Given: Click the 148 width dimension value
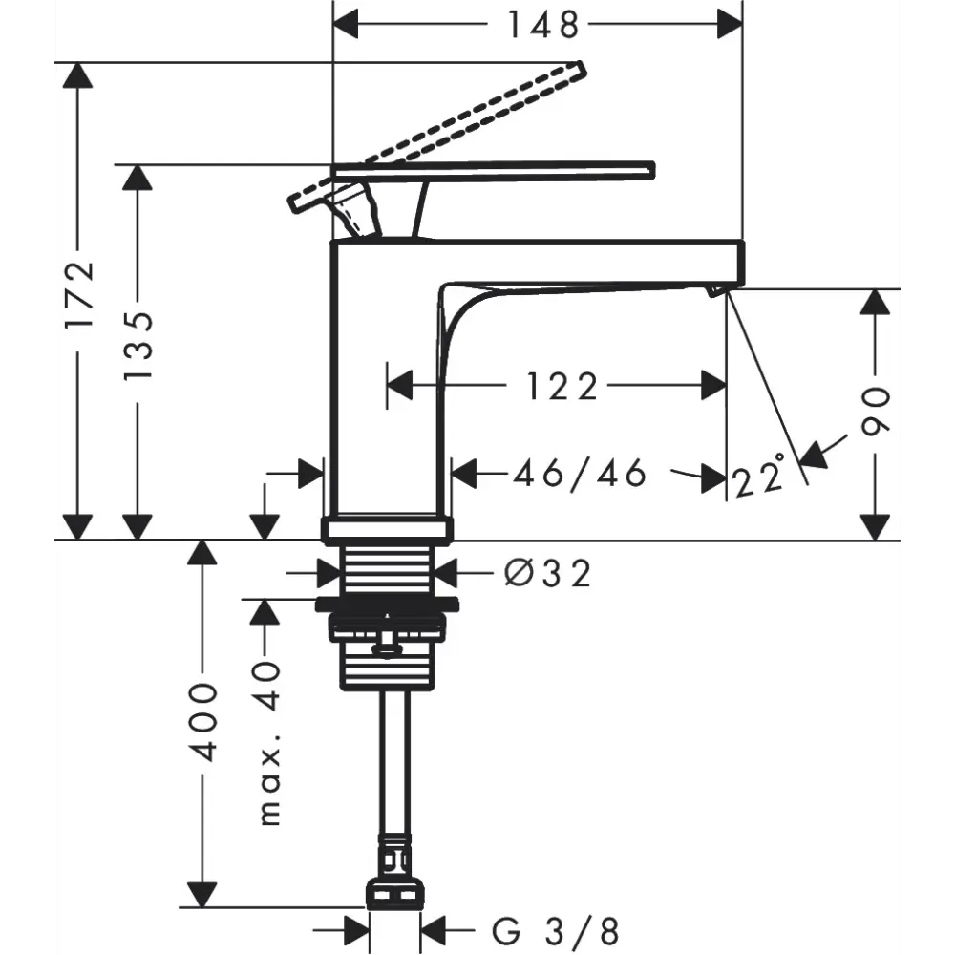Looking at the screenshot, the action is click(x=543, y=26).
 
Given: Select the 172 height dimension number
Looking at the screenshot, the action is click(x=80, y=294).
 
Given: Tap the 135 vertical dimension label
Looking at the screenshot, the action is click(x=138, y=347).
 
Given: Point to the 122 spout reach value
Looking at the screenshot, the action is click(x=562, y=387).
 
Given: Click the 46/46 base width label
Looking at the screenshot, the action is click(x=580, y=474).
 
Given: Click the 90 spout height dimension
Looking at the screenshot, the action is click(x=876, y=411).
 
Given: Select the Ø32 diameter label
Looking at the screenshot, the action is click(x=548, y=573).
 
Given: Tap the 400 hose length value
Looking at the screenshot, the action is click(x=202, y=722).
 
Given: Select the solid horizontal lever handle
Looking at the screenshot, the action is click(x=493, y=171).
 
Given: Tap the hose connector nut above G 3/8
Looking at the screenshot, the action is click(x=395, y=894).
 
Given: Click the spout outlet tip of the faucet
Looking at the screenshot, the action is click(x=716, y=291).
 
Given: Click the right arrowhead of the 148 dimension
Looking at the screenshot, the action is click(x=731, y=25).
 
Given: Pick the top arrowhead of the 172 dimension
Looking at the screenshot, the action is click(x=77, y=75).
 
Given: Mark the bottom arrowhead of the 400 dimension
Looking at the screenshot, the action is click(x=202, y=895).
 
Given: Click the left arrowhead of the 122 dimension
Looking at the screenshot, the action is click(x=399, y=385).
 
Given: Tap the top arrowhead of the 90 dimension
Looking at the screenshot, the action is click(x=875, y=302).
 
